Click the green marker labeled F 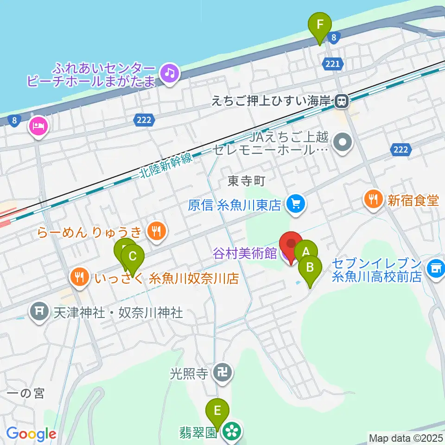coord(320,25)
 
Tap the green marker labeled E coord(217,410)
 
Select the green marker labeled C coord(133,256)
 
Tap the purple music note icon coord(170,73)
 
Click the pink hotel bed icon coord(38,125)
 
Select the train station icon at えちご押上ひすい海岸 coord(342,101)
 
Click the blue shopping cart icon coord(295,203)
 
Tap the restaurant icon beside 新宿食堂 coord(374,200)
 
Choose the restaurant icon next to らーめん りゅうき coord(157,230)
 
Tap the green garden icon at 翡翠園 coord(230,432)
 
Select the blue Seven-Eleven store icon coord(435,268)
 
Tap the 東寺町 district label coord(246,181)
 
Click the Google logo coord(32,434)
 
